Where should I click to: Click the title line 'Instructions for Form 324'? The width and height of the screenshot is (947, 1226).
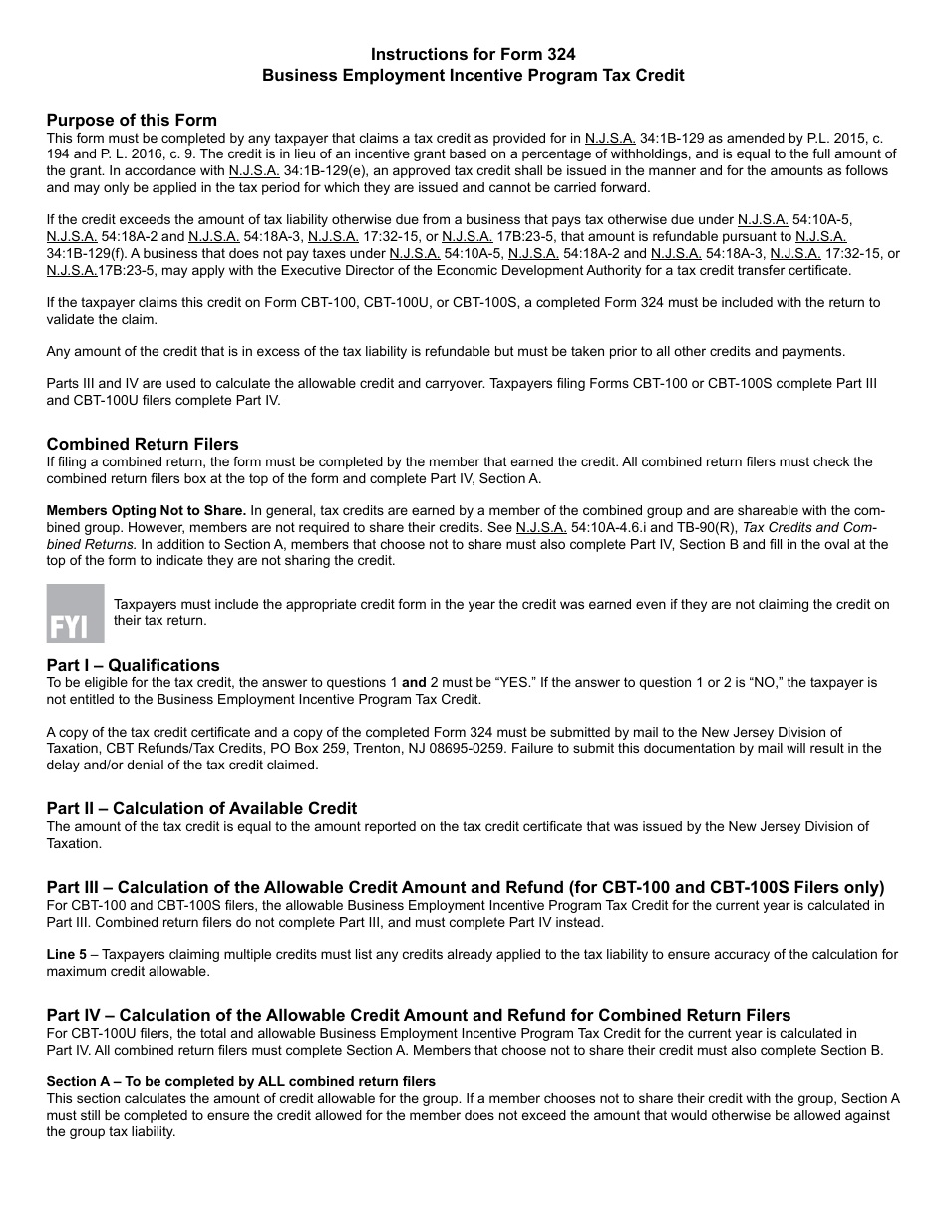(473, 54)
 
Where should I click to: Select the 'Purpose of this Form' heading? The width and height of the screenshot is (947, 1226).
(132, 120)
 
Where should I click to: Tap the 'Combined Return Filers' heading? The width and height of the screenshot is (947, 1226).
(143, 444)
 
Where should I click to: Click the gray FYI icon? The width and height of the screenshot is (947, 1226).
(75, 613)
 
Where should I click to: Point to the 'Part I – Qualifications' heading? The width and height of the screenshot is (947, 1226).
(133, 665)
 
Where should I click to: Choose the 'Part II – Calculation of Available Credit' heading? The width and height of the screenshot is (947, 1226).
(201, 808)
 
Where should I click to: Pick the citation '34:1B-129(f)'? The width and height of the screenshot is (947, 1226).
(87, 253)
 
